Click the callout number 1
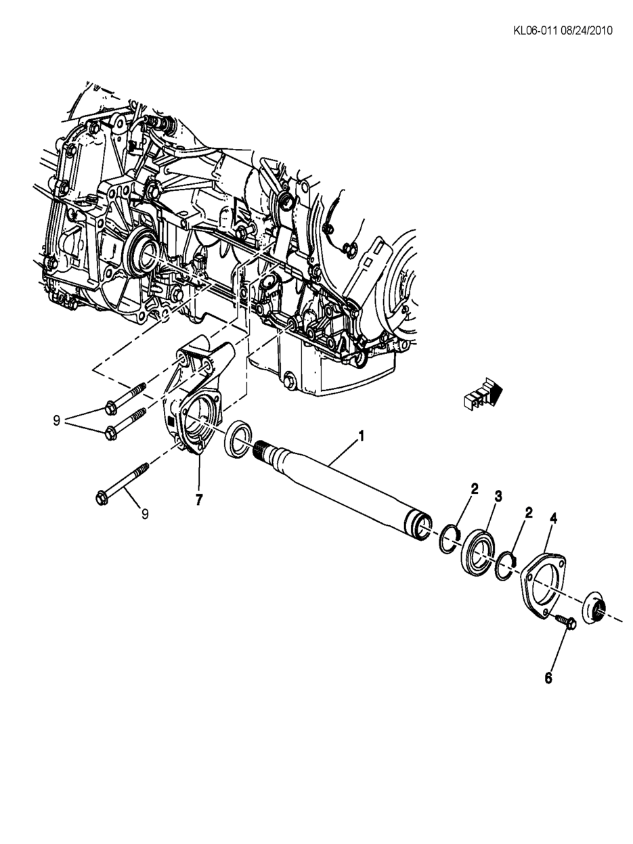pos(361,437)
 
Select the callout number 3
pos(498,497)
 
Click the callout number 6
pos(548,678)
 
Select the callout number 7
pos(198,499)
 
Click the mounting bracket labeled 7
pos(193,406)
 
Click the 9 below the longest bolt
pos(145,514)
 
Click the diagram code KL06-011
pos(534,30)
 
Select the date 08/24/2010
pos(586,30)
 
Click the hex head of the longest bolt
pos(104,497)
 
